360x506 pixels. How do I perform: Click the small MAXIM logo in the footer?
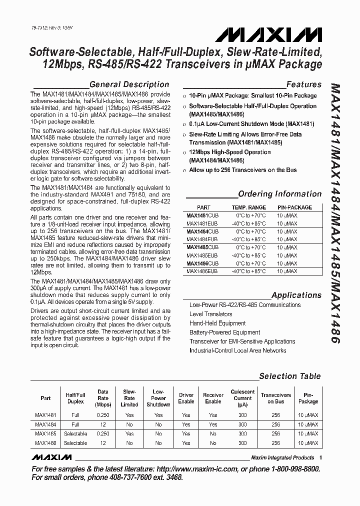point(51,457)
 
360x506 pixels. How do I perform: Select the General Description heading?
point(129,84)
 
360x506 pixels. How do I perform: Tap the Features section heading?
point(303,84)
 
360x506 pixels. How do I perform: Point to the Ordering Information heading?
point(279,194)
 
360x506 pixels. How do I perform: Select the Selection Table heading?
point(290,376)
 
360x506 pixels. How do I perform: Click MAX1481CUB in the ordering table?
point(202,215)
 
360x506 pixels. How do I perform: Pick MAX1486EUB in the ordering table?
point(202,271)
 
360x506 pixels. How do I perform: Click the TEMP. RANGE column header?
point(248,207)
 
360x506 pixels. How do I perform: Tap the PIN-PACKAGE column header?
point(294,207)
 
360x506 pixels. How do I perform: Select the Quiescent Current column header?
point(242,398)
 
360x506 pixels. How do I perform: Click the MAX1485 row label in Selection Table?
point(45,434)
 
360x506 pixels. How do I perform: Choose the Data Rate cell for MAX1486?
point(102,443)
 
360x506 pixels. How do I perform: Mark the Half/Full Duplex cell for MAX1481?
point(75,415)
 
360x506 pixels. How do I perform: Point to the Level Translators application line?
point(210,314)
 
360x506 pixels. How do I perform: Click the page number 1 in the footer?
point(320,457)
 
